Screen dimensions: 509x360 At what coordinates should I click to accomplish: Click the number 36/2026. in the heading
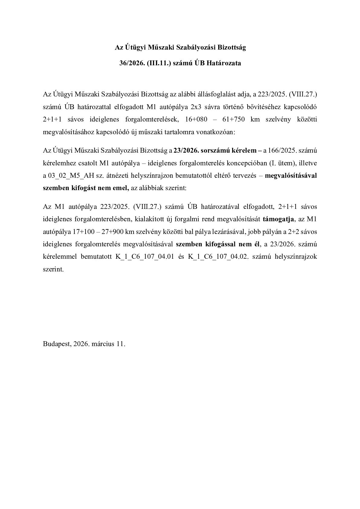point(130,63)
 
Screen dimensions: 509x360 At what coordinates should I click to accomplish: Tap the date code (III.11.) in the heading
point(157,63)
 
